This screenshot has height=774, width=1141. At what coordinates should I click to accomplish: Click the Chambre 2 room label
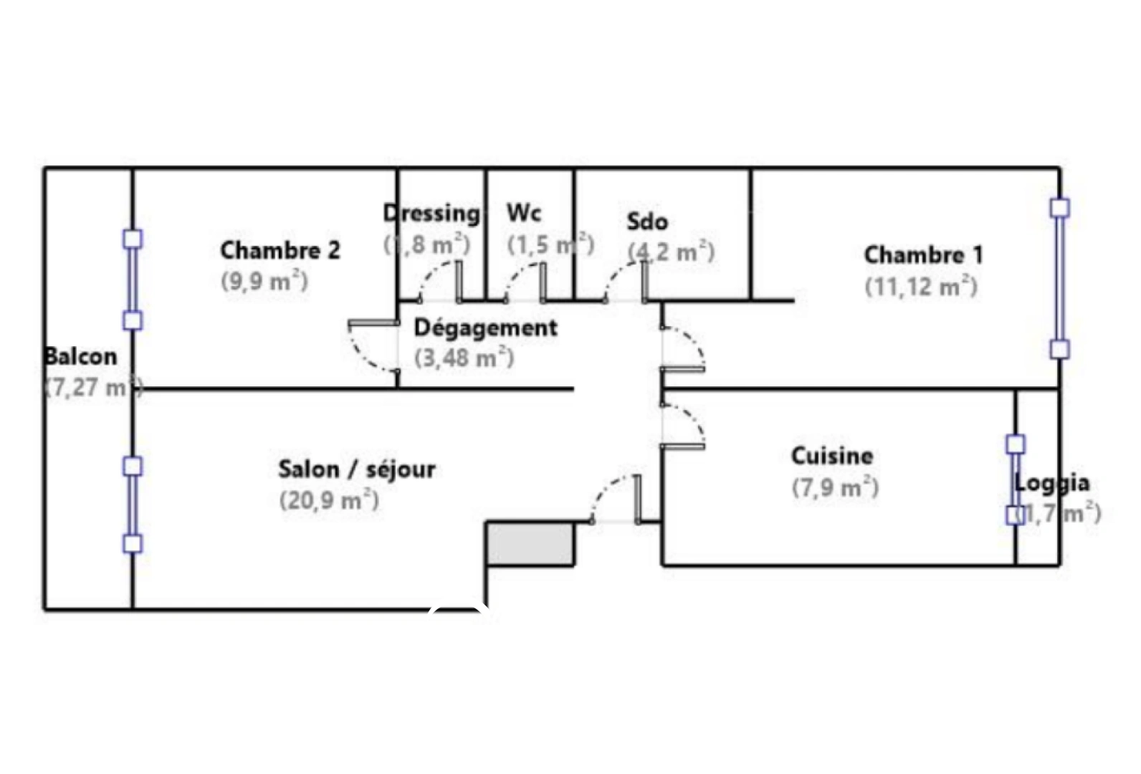coord(280,250)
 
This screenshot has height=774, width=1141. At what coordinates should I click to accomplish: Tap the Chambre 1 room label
coord(923,254)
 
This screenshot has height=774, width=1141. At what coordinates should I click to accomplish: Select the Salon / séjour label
coord(356,469)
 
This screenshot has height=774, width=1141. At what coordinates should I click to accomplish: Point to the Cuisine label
coord(831,456)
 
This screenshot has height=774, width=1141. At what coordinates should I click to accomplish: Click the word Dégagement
coord(485,328)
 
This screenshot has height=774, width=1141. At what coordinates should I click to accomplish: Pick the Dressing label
coord(431,213)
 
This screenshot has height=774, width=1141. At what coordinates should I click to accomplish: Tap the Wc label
coord(524,212)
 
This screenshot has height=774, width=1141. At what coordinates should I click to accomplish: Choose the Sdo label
coord(647,221)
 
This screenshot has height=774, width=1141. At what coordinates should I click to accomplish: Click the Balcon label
coord(80,356)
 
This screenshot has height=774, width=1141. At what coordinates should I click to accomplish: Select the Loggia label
coord(1051,483)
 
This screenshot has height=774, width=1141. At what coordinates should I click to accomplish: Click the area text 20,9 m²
coord(329,500)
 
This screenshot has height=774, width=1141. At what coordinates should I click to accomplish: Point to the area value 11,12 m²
coord(921,287)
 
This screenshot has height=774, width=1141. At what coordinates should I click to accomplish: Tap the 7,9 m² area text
coord(835,487)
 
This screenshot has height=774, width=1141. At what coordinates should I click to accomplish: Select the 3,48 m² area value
coord(464,357)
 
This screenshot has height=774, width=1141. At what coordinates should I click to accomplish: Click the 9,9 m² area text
coord(264,281)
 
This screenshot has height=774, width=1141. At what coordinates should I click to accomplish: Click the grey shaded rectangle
coord(530,544)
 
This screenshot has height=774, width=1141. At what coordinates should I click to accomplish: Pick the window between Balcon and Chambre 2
coord(133,279)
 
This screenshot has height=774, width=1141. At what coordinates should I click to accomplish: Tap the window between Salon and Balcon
coord(133,505)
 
